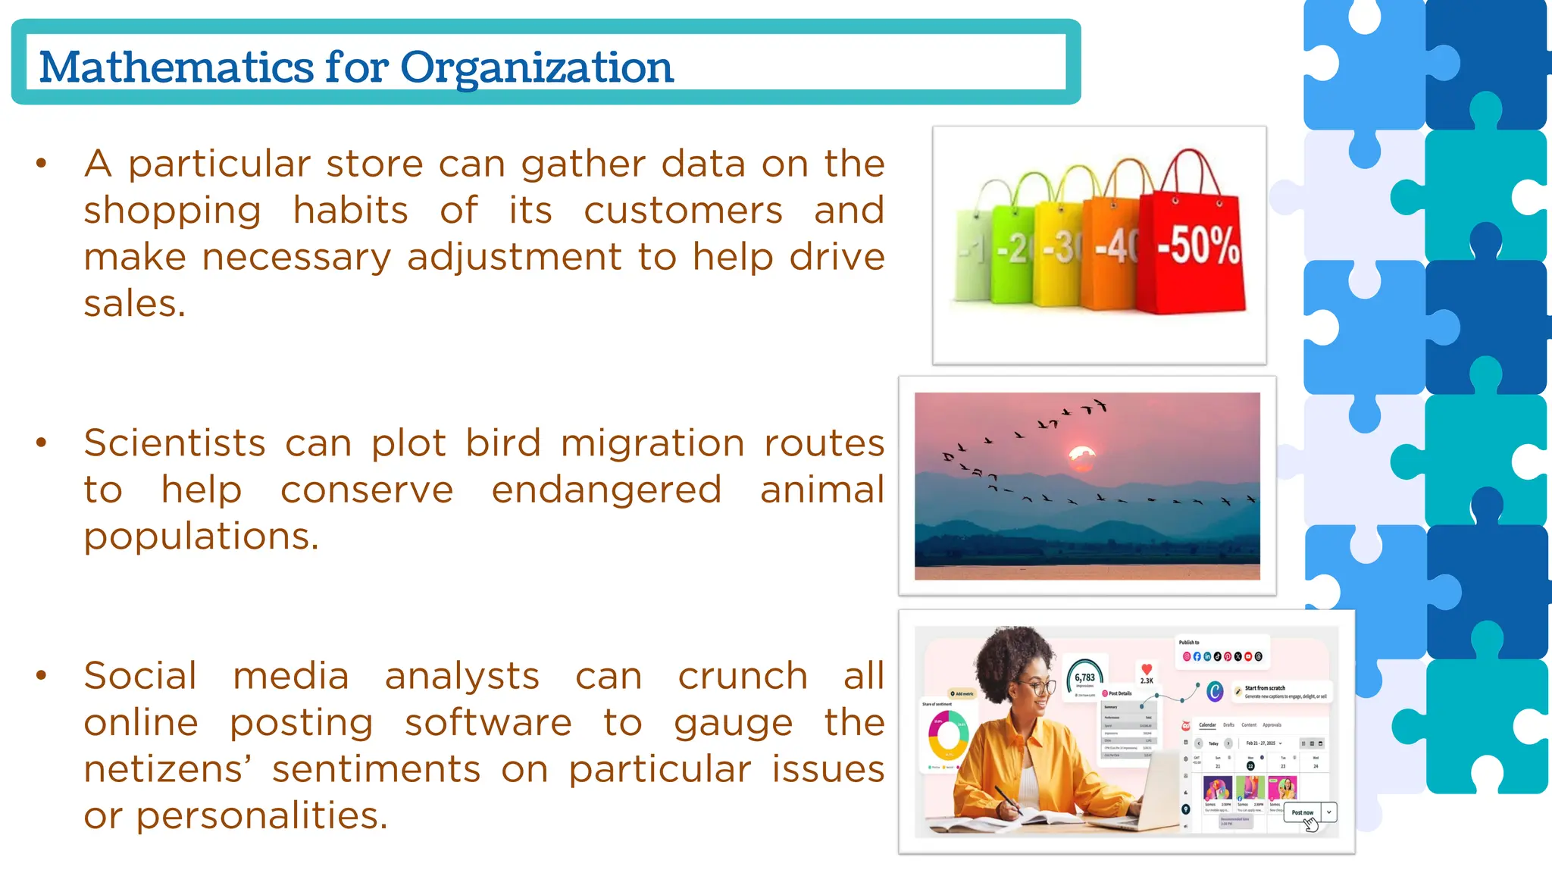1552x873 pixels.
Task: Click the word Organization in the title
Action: (537, 68)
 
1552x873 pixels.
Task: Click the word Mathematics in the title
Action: (176, 67)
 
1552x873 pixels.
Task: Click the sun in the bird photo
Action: (1081, 457)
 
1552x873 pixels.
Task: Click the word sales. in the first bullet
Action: (134, 304)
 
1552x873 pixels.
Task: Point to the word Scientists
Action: (174, 443)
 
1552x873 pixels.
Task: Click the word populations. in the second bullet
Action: (201, 537)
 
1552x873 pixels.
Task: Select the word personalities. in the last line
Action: (261, 816)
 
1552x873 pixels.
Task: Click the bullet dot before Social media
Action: (42, 674)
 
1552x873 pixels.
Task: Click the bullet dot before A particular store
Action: (42, 163)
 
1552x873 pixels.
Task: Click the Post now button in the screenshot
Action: (1302, 812)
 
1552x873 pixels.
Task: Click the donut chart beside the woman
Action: (947, 734)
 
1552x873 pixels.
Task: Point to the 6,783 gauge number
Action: (1084, 677)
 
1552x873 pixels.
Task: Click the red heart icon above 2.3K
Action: (1147, 668)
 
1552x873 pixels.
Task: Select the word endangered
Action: (606, 490)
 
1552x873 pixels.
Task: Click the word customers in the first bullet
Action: (683, 211)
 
